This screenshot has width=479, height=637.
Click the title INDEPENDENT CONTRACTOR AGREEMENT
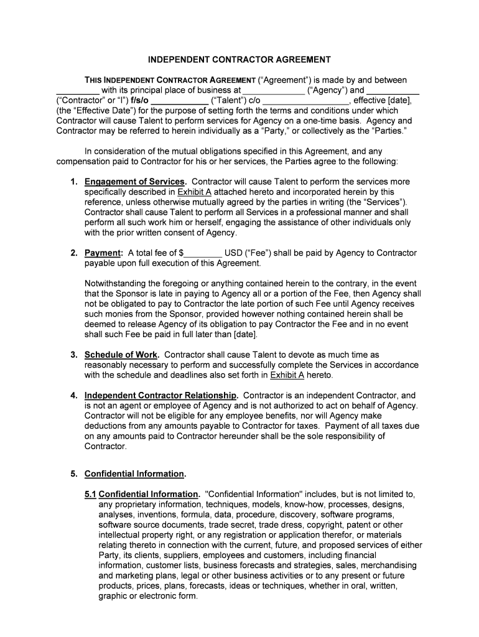[239, 60]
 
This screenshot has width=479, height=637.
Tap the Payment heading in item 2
[103, 253]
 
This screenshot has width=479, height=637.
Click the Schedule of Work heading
[121, 355]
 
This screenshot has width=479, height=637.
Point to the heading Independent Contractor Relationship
[161, 395]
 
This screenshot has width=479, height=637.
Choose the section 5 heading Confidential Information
[134, 473]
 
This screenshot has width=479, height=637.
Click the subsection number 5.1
[91, 494]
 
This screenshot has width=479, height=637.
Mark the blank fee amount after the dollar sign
[203, 254]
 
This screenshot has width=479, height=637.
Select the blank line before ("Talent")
[180, 101]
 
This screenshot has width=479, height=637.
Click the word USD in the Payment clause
[234, 253]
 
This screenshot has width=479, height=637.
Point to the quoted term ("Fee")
[260, 253]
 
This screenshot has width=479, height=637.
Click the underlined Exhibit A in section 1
[195, 192]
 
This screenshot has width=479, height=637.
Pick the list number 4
[73, 395]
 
